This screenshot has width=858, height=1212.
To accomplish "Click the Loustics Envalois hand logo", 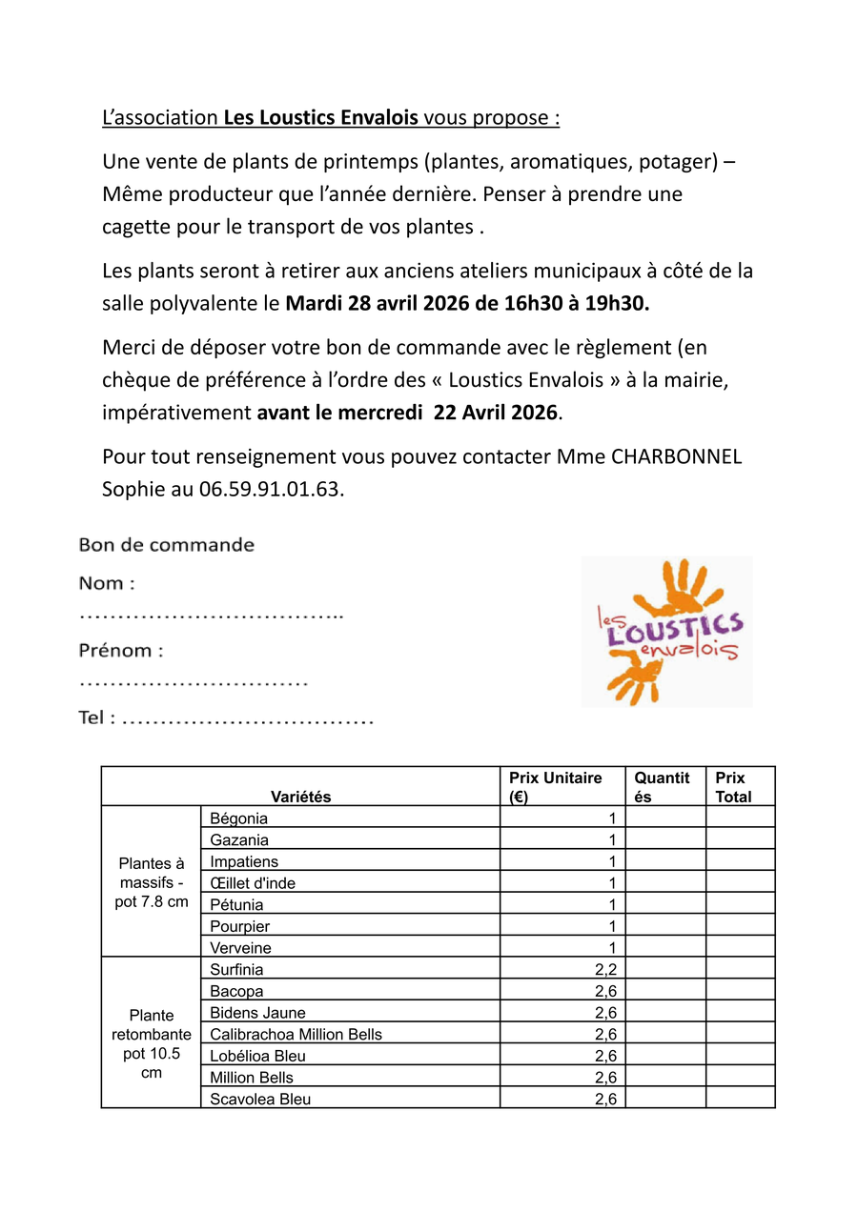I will tap(666, 631).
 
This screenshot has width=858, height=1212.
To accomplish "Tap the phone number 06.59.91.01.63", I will tap(271, 491).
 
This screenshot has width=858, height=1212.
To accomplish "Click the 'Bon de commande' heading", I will tap(167, 546).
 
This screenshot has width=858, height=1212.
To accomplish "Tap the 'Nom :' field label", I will tap(106, 583).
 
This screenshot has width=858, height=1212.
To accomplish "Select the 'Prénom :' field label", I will tap(121, 651).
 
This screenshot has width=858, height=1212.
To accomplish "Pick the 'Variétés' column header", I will tap(300, 797).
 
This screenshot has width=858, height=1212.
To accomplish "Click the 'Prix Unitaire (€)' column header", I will tap(556, 787).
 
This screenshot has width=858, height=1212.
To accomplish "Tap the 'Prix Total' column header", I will tap(733, 787).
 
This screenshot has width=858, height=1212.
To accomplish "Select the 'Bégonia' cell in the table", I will tap(239, 818).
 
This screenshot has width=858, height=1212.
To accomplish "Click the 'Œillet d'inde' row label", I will tap(253, 883).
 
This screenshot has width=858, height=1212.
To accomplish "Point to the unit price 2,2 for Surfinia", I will tap(605, 970).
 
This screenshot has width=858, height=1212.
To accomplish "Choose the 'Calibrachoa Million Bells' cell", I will tap(296, 1035).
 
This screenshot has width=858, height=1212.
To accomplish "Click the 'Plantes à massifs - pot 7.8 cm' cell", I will tap(152, 882).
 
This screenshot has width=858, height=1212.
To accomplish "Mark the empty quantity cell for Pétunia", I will tap(665, 904).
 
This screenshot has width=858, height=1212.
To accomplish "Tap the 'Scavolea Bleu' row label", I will tap(260, 1100).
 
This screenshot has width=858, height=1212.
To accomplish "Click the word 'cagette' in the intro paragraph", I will tap(139, 228).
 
